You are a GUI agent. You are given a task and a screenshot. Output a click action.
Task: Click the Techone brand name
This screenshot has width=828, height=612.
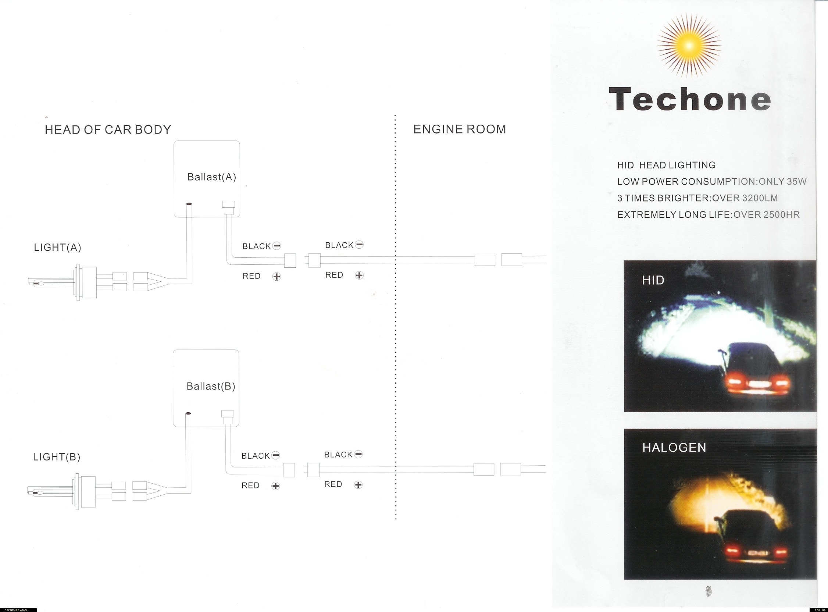[690, 99]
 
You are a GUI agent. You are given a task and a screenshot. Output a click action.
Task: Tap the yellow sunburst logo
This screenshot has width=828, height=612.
[689, 46]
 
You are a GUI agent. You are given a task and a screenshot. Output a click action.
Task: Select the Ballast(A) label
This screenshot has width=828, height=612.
[212, 177]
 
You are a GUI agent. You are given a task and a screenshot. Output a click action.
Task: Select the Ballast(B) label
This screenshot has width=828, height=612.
[211, 387]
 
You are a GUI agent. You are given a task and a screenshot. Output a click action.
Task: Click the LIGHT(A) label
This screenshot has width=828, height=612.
[57, 247]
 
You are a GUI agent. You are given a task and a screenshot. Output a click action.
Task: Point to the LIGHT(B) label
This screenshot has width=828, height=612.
[57, 457]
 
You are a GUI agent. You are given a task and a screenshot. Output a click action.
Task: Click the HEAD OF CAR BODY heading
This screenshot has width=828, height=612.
[108, 130]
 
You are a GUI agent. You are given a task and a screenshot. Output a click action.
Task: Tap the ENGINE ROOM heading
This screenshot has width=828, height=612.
[460, 129]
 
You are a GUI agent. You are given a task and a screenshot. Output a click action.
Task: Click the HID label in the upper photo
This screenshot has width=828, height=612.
[653, 280]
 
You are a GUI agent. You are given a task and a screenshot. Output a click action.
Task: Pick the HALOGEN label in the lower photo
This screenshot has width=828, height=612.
[674, 448]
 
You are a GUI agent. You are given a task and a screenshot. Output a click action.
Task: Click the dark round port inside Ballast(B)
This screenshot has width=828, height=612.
[188, 413]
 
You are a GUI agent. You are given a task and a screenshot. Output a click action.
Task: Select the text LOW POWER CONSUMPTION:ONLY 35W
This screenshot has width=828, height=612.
[712, 182]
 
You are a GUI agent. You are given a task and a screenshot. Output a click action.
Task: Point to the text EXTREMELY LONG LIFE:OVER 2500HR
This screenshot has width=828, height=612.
[709, 214]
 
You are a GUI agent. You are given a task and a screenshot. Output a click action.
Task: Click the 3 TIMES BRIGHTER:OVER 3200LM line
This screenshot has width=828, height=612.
[697, 198]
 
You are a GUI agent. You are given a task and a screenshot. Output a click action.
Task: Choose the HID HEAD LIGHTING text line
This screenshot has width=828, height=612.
[666, 165]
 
